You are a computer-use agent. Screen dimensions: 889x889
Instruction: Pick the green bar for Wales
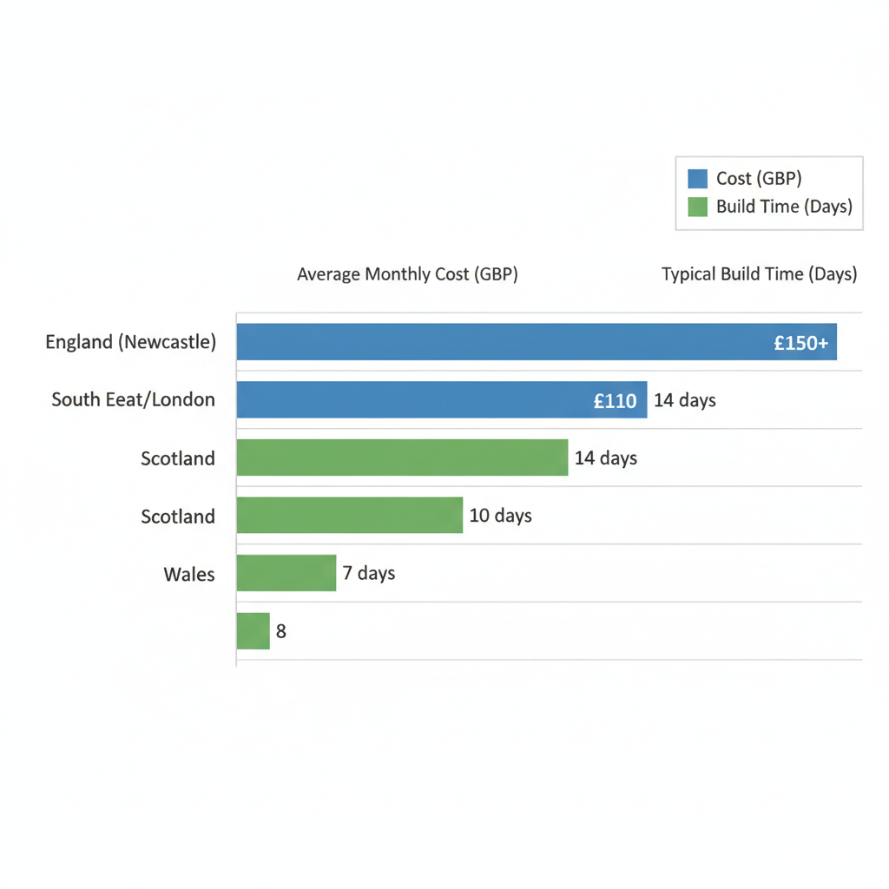(286, 573)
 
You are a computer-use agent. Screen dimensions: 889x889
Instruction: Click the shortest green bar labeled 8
(253, 631)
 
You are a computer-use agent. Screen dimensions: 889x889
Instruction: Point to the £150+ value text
(800, 343)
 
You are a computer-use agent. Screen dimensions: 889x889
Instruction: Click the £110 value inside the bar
(615, 401)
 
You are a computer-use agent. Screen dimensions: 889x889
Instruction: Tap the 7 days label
(369, 573)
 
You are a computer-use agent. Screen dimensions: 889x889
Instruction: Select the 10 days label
(500, 516)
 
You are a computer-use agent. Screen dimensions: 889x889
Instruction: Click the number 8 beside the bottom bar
(281, 632)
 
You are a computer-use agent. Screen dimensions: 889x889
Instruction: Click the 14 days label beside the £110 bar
(685, 400)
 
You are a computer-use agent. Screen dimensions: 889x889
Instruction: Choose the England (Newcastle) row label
(130, 342)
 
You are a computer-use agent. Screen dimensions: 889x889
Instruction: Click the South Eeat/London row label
(133, 400)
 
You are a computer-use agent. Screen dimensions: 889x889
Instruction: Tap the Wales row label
(188, 574)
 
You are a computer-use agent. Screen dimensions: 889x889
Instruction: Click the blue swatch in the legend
(697, 179)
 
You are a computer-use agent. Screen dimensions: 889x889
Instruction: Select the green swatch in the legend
(697, 207)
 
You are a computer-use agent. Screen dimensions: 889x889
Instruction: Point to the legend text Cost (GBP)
(759, 179)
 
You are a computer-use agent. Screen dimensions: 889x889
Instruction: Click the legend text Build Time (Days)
(784, 207)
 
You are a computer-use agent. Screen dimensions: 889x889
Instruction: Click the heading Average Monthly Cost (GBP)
(407, 274)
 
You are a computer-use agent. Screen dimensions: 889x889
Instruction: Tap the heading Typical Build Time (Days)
(759, 274)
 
